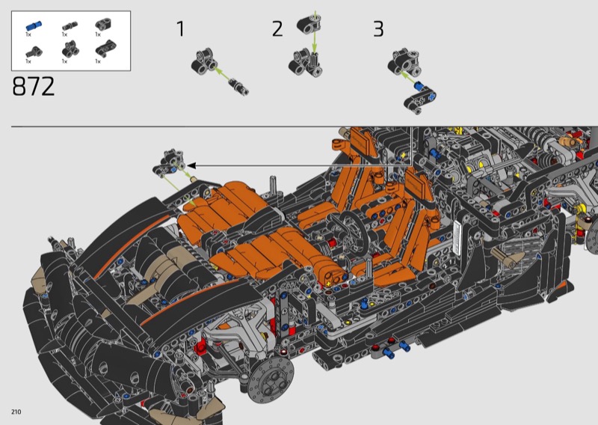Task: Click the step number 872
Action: pos(34,86)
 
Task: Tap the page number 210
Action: pos(16,412)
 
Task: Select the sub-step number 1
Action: pos(180,29)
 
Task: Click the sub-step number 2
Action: pos(277,29)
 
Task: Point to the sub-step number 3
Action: pos(378,29)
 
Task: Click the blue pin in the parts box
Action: pos(34,26)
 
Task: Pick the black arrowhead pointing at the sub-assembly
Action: pos(191,165)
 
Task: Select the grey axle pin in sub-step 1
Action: pos(240,87)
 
